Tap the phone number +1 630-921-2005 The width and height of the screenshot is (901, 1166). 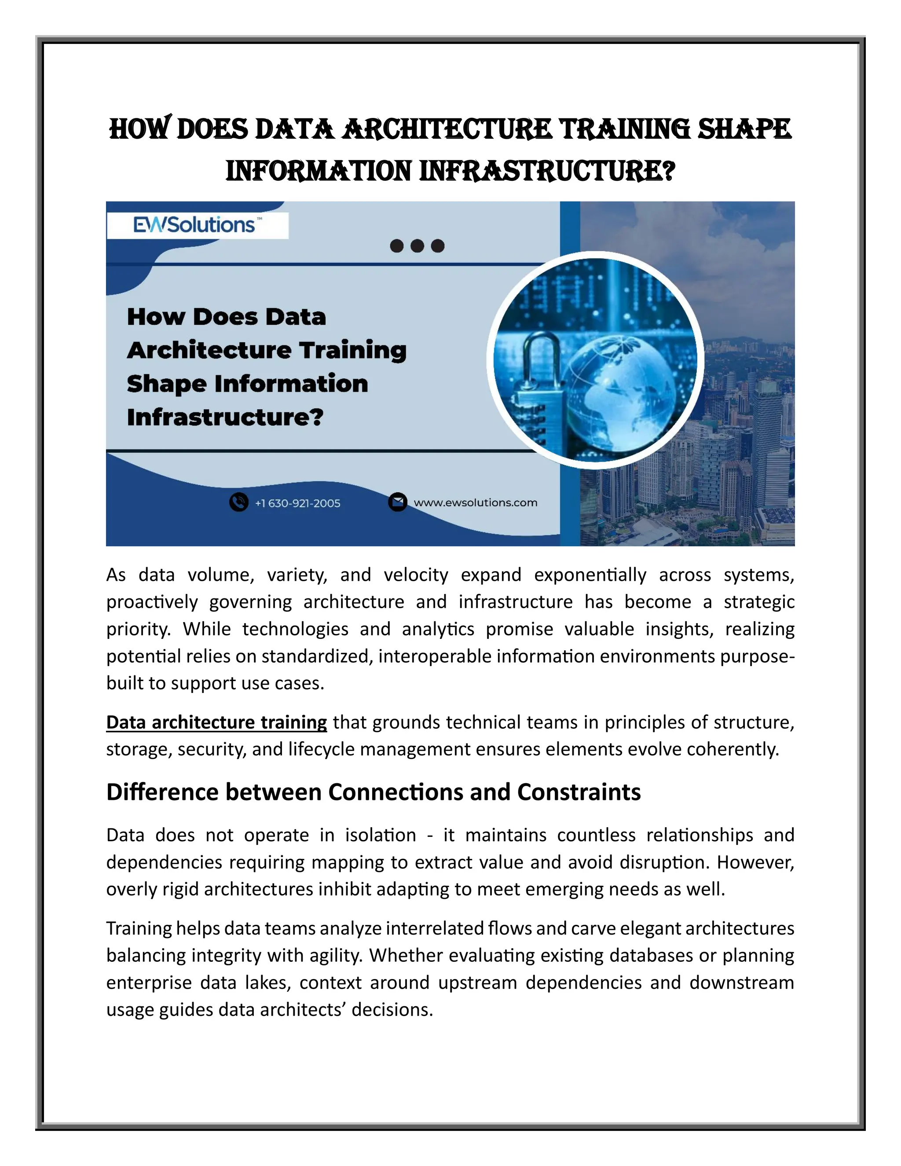[297, 503]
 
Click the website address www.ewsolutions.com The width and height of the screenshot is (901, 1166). [475, 502]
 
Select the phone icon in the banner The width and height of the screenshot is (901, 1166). [238, 502]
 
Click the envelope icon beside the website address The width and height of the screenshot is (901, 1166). [397, 502]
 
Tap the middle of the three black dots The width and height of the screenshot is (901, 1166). [418, 246]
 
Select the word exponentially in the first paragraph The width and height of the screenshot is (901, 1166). [590, 575]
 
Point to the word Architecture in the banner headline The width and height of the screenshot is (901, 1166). [209, 350]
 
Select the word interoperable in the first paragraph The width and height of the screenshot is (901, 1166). [435, 656]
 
